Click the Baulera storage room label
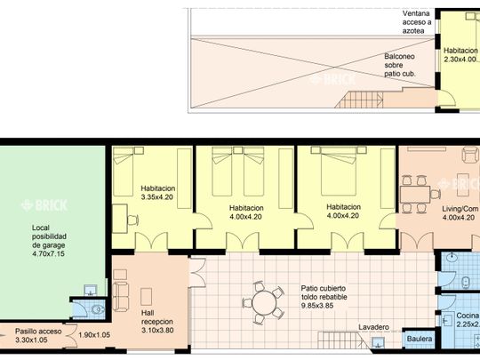420,339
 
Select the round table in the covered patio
264,303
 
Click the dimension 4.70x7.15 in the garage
48,253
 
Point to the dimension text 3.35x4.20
157,197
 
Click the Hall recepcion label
157,317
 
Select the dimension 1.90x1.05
94,335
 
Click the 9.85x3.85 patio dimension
317,306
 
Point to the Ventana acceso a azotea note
417,22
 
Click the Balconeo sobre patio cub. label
399,65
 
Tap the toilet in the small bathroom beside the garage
98,309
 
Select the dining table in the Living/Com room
415,195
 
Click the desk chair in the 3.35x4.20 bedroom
132,220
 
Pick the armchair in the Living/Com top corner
470,155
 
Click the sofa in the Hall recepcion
120,297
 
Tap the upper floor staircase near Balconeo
359,100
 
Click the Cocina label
468,316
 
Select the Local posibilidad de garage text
49,236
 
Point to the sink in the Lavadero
379,342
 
